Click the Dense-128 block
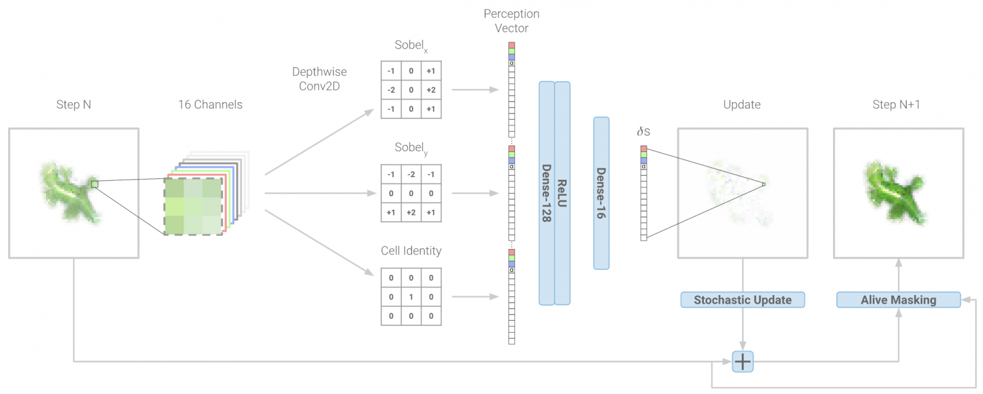click(546, 194)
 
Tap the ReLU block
click(562, 194)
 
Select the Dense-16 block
click(601, 194)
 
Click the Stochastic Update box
click(742, 300)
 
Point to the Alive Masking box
click(899, 300)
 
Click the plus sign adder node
click(742, 361)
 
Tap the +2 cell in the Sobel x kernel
click(431, 90)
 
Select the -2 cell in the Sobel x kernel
click(391, 90)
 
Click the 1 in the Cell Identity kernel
click(411, 297)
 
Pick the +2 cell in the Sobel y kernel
click(411, 212)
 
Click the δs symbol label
click(643, 131)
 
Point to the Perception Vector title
click(512, 21)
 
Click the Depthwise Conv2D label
click(319, 79)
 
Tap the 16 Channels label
click(210, 105)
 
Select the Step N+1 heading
click(896, 105)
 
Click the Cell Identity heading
click(411, 251)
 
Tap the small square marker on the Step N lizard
click(95, 184)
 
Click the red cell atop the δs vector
click(644, 149)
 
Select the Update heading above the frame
click(742, 105)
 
